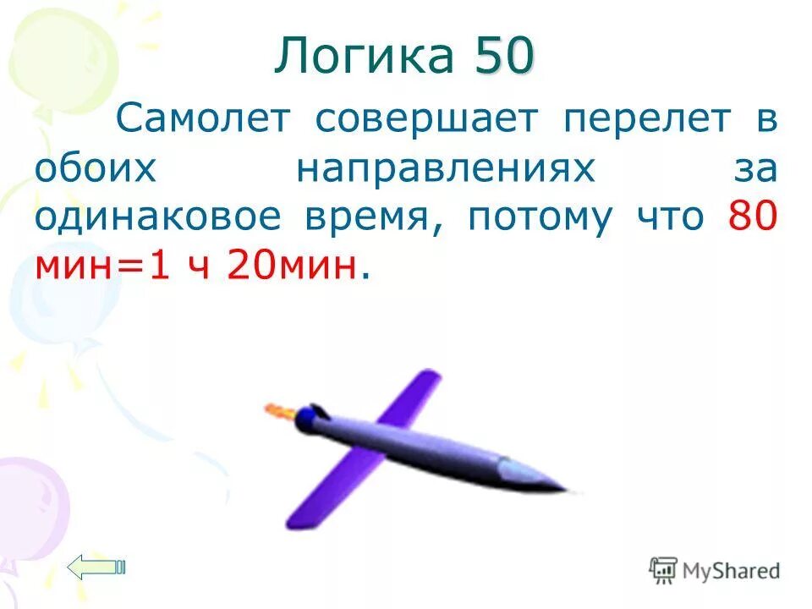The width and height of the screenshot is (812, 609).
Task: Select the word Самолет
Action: pos(204,119)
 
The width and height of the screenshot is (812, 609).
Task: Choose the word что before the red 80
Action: pos(672,218)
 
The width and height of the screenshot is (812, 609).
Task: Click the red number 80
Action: pos(752,218)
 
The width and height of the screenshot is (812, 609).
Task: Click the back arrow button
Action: pos(96,567)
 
